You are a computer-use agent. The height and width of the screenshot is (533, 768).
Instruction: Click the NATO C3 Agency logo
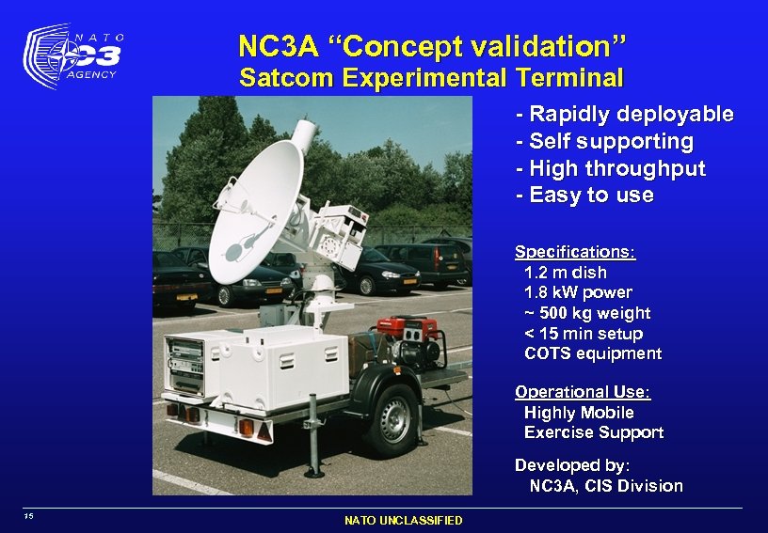(x=74, y=56)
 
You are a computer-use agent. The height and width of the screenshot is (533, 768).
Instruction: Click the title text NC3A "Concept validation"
(x=431, y=45)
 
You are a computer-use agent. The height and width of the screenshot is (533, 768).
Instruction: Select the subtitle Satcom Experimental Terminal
(x=431, y=77)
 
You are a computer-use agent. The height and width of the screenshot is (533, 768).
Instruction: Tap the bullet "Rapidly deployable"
(x=625, y=115)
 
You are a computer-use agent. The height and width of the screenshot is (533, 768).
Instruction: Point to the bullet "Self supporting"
(x=605, y=142)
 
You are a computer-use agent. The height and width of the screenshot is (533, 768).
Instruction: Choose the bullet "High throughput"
(x=611, y=169)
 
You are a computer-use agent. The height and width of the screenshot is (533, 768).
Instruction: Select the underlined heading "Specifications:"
(x=575, y=252)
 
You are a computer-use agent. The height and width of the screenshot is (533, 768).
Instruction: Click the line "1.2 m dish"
(x=565, y=273)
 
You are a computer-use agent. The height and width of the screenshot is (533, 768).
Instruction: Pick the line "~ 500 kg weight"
(x=586, y=313)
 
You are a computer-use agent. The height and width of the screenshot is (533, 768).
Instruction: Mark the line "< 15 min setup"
(x=583, y=334)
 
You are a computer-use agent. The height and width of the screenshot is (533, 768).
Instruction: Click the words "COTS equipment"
(x=592, y=354)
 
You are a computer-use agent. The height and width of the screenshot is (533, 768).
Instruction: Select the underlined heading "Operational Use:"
(x=583, y=392)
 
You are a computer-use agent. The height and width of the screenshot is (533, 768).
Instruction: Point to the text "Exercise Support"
(x=593, y=433)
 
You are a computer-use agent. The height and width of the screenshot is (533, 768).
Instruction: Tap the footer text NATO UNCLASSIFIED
(x=403, y=520)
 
